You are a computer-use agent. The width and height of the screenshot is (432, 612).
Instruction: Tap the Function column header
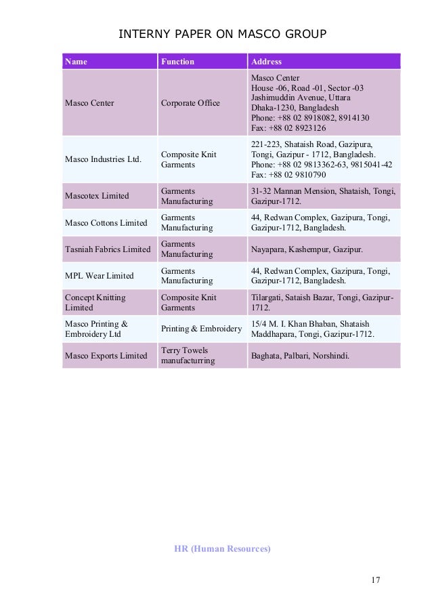click(x=177, y=62)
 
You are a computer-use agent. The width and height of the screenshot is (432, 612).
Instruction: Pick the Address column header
click(x=267, y=62)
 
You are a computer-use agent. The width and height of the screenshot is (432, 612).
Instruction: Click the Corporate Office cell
click(x=190, y=103)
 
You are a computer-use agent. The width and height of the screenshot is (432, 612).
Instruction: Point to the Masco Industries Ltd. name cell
click(x=103, y=159)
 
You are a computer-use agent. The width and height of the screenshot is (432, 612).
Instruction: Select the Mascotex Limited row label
click(x=96, y=196)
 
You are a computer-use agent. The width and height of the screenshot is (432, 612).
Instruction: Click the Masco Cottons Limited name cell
click(x=105, y=223)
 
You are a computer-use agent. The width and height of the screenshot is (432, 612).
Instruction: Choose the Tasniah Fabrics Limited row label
click(x=107, y=249)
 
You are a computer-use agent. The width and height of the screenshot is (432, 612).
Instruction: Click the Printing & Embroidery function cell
click(x=201, y=329)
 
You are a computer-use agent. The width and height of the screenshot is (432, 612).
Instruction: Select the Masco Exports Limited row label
click(x=105, y=356)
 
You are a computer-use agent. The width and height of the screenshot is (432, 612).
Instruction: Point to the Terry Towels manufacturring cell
click(x=188, y=356)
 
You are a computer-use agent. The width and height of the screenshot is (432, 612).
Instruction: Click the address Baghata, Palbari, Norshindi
click(x=301, y=356)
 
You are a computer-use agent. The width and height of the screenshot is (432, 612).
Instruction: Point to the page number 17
click(x=376, y=580)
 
